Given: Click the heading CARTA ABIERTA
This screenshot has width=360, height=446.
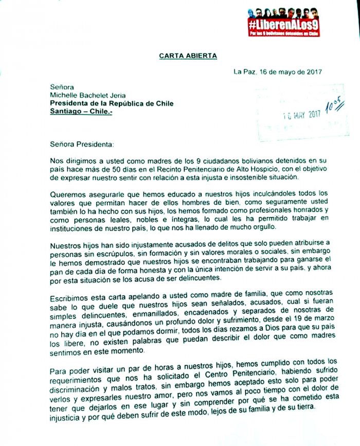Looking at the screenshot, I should pyautogui.click(x=181, y=56).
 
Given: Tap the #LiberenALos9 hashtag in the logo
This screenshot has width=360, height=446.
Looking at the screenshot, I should pyautogui.click(x=276, y=24).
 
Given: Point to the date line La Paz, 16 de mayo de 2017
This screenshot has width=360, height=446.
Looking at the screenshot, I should pyautogui.click(x=278, y=72).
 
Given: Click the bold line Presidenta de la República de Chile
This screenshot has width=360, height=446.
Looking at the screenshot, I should pyautogui.click(x=112, y=103).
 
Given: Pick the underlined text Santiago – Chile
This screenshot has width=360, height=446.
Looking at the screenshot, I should pyautogui.click(x=81, y=112).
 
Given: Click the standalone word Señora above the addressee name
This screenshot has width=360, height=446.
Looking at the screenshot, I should pyautogui.click(x=61, y=87).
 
